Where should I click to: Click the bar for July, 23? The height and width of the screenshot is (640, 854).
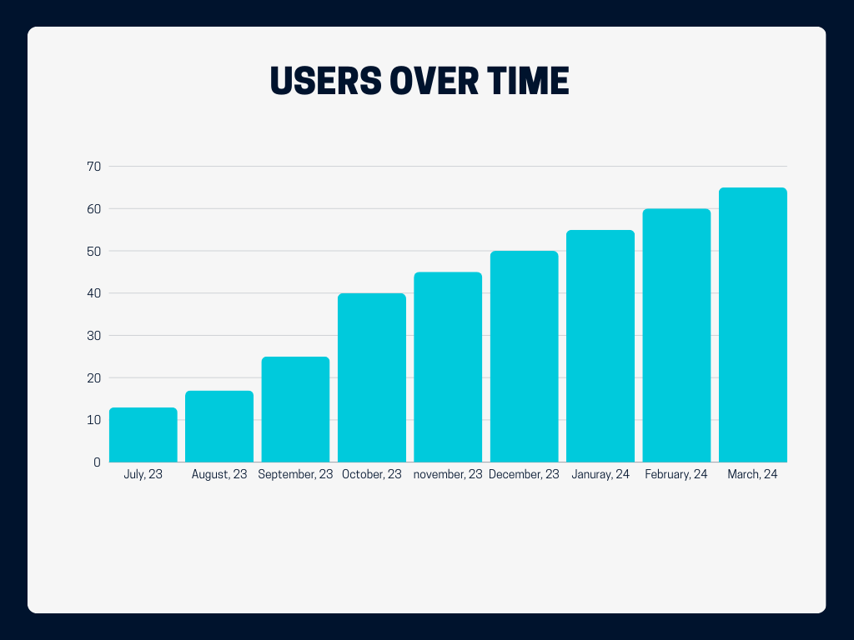(x=143, y=435)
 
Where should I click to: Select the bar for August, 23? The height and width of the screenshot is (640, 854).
(x=219, y=427)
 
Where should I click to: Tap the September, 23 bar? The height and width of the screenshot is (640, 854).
(x=295, y=409)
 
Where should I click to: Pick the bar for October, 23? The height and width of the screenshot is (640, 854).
(x=372, y=377)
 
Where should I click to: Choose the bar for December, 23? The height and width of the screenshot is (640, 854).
(x=524, y=357)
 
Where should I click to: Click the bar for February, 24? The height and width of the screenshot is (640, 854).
(x=676, y=335)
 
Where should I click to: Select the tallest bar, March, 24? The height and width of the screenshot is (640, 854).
(x=753, y=325)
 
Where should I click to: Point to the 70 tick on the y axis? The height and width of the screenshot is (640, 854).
(x=93, y=167)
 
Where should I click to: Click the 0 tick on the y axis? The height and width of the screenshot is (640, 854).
(x=97, y=462)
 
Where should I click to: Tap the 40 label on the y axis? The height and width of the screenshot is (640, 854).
(x=93, y=293)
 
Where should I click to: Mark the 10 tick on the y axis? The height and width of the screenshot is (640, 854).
(x=93, y=420)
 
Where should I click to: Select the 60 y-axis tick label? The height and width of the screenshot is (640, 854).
(x=93, y=209)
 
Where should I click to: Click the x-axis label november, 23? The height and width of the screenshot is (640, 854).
(x=448, y=475)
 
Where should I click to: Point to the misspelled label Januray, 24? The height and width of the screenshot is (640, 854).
(x=600, y=475)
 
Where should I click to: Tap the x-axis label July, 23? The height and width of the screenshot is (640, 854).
(x=143, y=475)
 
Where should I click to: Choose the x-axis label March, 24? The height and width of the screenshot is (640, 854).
(x=753, y=475)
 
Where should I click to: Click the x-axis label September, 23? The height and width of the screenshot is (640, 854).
(x=295, y=475)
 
